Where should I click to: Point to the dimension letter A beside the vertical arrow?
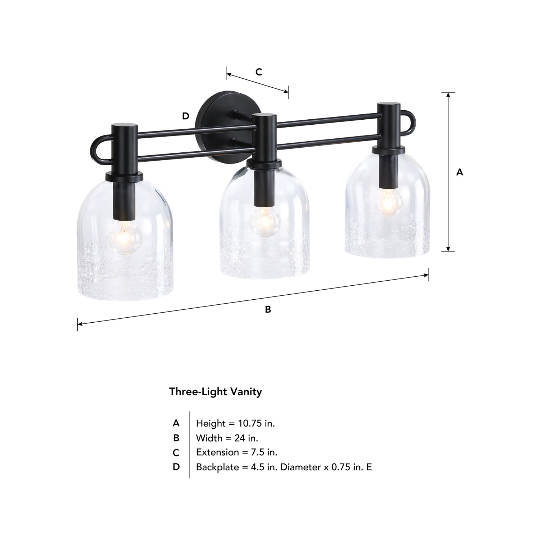coord(460,172)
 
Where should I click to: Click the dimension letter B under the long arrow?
coord(268,309)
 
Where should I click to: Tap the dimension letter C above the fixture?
coord(259,72)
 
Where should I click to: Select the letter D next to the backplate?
coord(185,116)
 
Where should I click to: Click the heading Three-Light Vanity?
coord(216,392)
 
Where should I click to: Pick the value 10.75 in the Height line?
coord(250,423)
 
